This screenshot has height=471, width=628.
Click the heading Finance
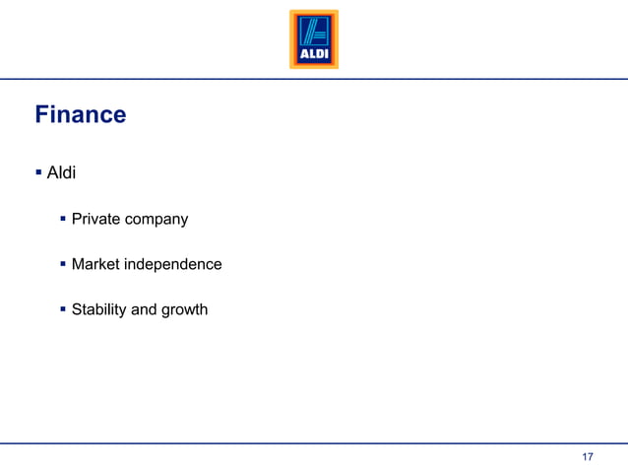pyautogui.click(x=81, y=115)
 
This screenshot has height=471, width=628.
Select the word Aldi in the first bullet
pyautogui.click(x=62, y=173)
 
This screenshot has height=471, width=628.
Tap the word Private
pyautogui.click(x=96, y=219)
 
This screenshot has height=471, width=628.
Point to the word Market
pyautogui.click(x=95, y=264)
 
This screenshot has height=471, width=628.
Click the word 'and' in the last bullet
pyautogui.click(x=144, y=309)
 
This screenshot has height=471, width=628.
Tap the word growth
pyautogui.click(x=184, y=310)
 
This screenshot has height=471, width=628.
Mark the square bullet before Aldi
pyautogui.click(x=38, y=172)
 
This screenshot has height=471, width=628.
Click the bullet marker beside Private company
pyautogui.click(x=63, y=218)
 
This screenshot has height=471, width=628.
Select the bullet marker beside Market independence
pyautogui.click(x=63, y=263)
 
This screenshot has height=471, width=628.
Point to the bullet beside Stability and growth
pyautogui.click(x=63, y=308)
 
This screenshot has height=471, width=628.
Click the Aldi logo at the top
pyautogui.click(x=313, y=39)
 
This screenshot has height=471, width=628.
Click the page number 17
pyautogui.click(x=588, y=457)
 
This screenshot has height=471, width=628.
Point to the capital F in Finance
pyautogui.click(x=42, y=115)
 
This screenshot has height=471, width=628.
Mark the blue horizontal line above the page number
pyautogui.click(x=314, y=443)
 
